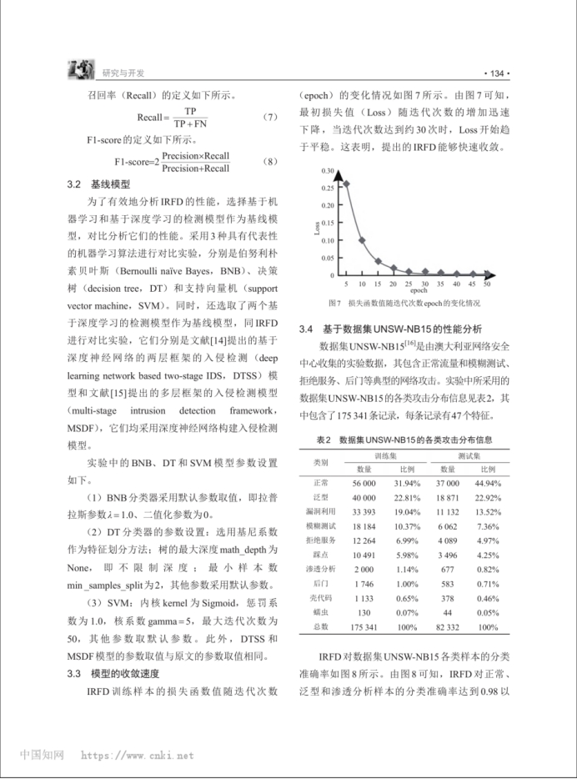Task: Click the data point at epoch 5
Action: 347,184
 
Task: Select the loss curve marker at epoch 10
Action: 362,240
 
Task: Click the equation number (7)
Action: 268,118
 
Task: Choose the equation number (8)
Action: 268,162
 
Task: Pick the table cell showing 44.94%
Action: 488,483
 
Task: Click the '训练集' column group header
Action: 384,455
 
